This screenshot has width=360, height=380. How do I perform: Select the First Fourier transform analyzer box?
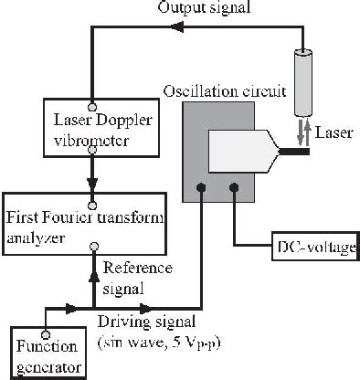tap(85, 224)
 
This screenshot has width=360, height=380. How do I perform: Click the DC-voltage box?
tap(312, 248)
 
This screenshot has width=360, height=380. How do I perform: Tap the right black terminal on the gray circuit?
tap(236, 190)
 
